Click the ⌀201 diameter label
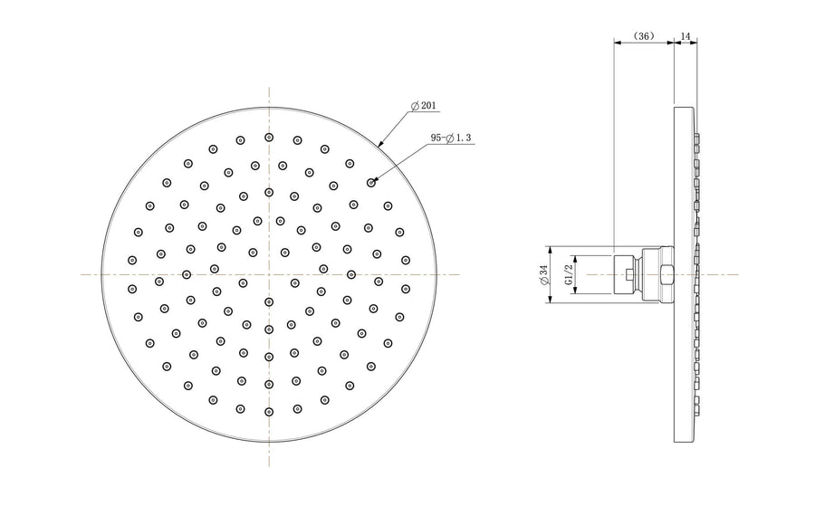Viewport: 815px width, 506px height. (424, 106)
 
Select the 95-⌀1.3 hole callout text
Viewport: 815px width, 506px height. (451, 138)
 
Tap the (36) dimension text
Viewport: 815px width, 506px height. (644, 36)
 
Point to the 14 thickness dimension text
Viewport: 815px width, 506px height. (686, 36)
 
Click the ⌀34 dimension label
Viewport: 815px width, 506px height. (543, 274)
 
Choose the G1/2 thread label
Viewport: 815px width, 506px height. (568, 273)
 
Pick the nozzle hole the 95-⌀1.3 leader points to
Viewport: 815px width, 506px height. (370, 182)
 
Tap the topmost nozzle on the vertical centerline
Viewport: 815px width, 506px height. (269, 138)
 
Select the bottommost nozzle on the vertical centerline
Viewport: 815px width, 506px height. (269, 412)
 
